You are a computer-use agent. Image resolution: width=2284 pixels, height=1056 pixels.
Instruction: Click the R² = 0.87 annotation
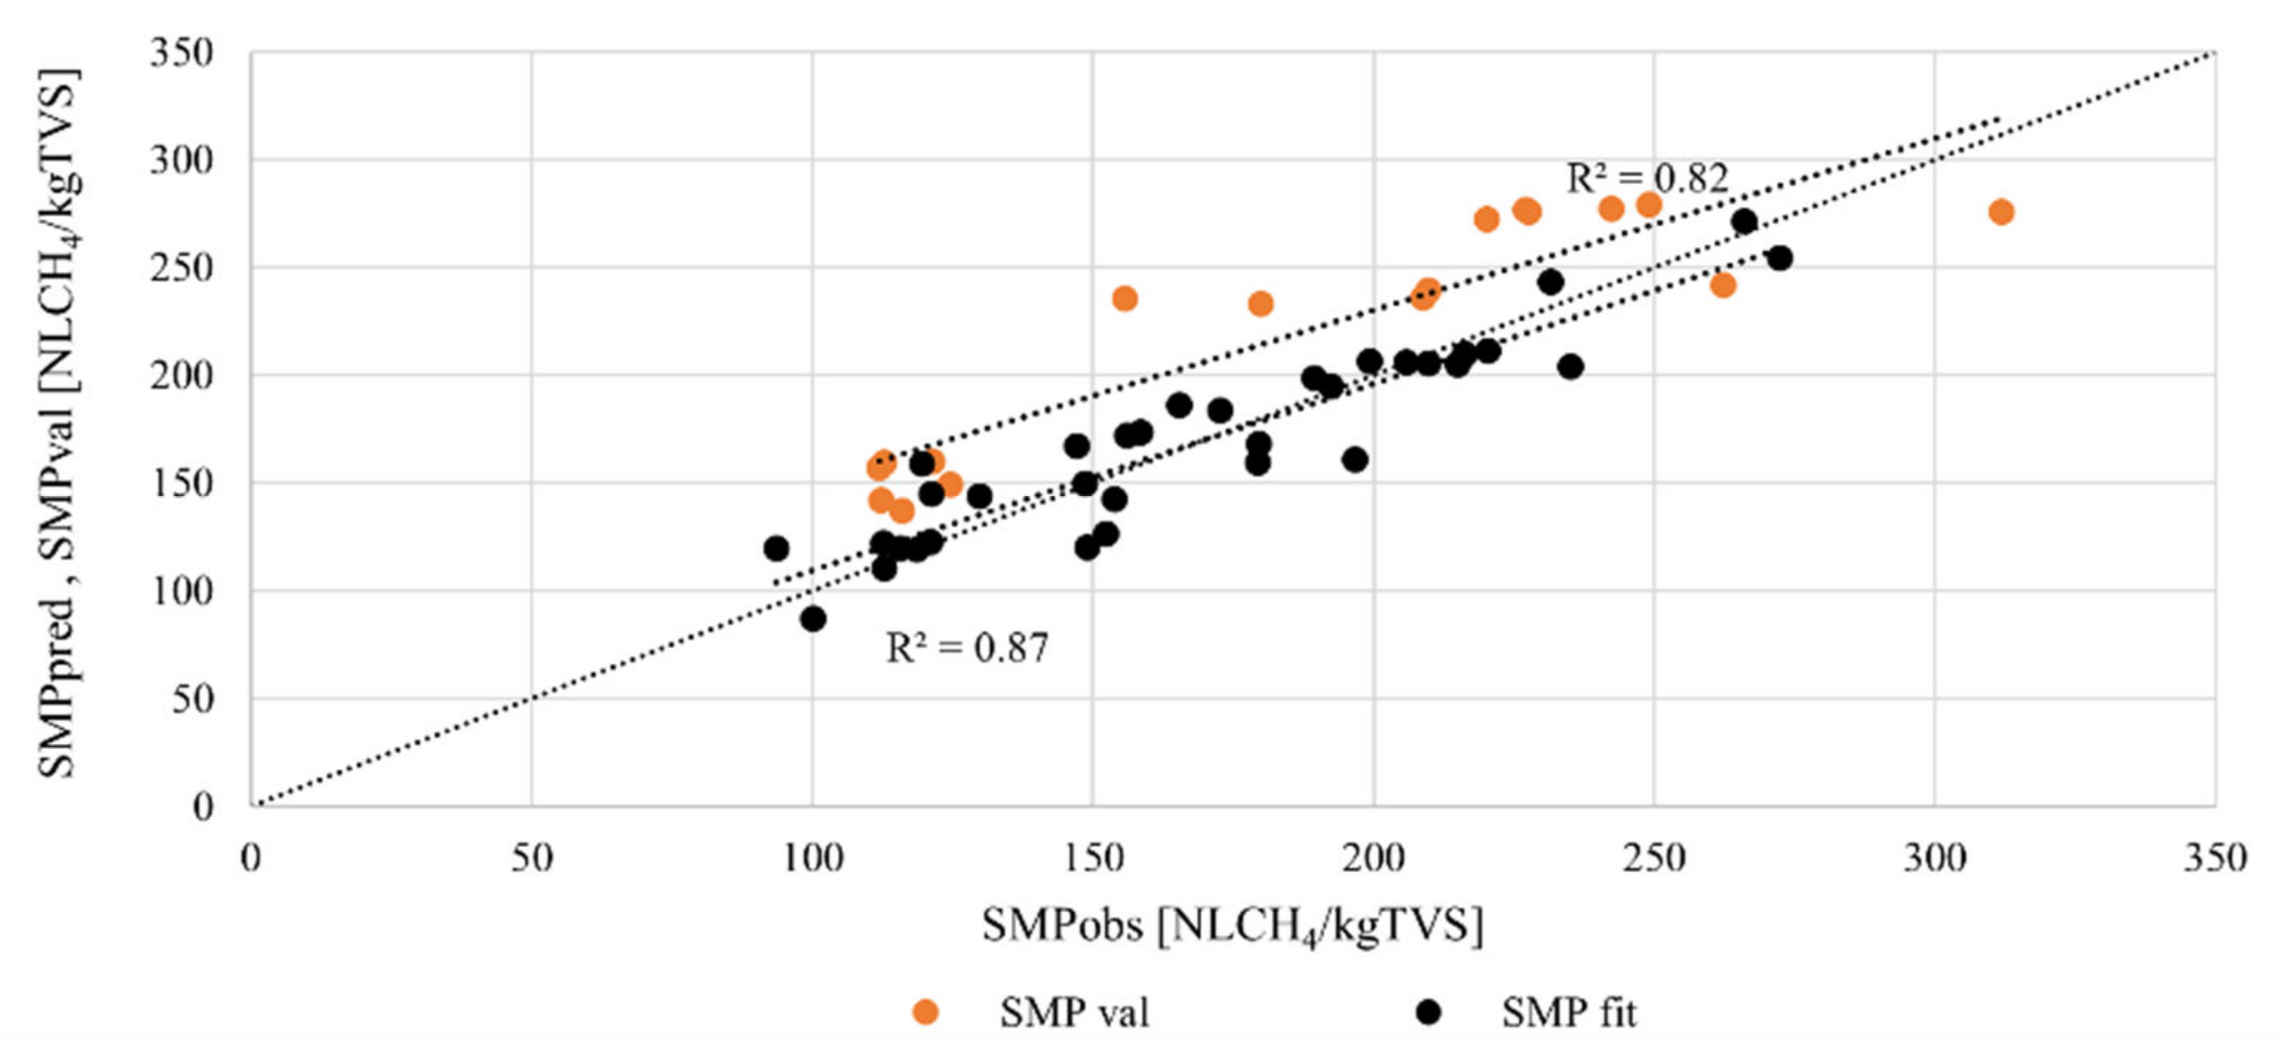[966, 647]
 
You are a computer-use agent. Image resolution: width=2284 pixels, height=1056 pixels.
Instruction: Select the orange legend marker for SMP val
[925, 1012]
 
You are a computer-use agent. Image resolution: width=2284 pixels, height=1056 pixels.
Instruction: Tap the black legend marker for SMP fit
[1428, 1012]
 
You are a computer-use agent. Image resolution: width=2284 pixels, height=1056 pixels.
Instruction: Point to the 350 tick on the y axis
[181, 53]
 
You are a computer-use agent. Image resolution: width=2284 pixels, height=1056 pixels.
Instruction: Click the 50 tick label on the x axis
[531, 857]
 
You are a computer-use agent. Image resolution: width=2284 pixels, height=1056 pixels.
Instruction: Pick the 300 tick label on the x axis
[1934, 857]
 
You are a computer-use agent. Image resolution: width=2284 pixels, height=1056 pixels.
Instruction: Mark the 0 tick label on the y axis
[204, 806]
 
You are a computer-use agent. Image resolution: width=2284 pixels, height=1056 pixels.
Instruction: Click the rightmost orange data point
[2001, 212]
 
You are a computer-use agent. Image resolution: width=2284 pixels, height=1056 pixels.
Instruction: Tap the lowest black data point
[813, 619]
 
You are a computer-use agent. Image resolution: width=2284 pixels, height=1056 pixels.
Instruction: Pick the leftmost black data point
[776, 549]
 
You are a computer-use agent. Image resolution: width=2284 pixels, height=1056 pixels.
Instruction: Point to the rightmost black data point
[1780, 258]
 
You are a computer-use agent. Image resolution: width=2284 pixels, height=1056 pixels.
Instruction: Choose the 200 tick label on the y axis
[181, 376]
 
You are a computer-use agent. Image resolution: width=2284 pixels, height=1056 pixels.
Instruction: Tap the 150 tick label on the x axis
[1092, 857]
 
